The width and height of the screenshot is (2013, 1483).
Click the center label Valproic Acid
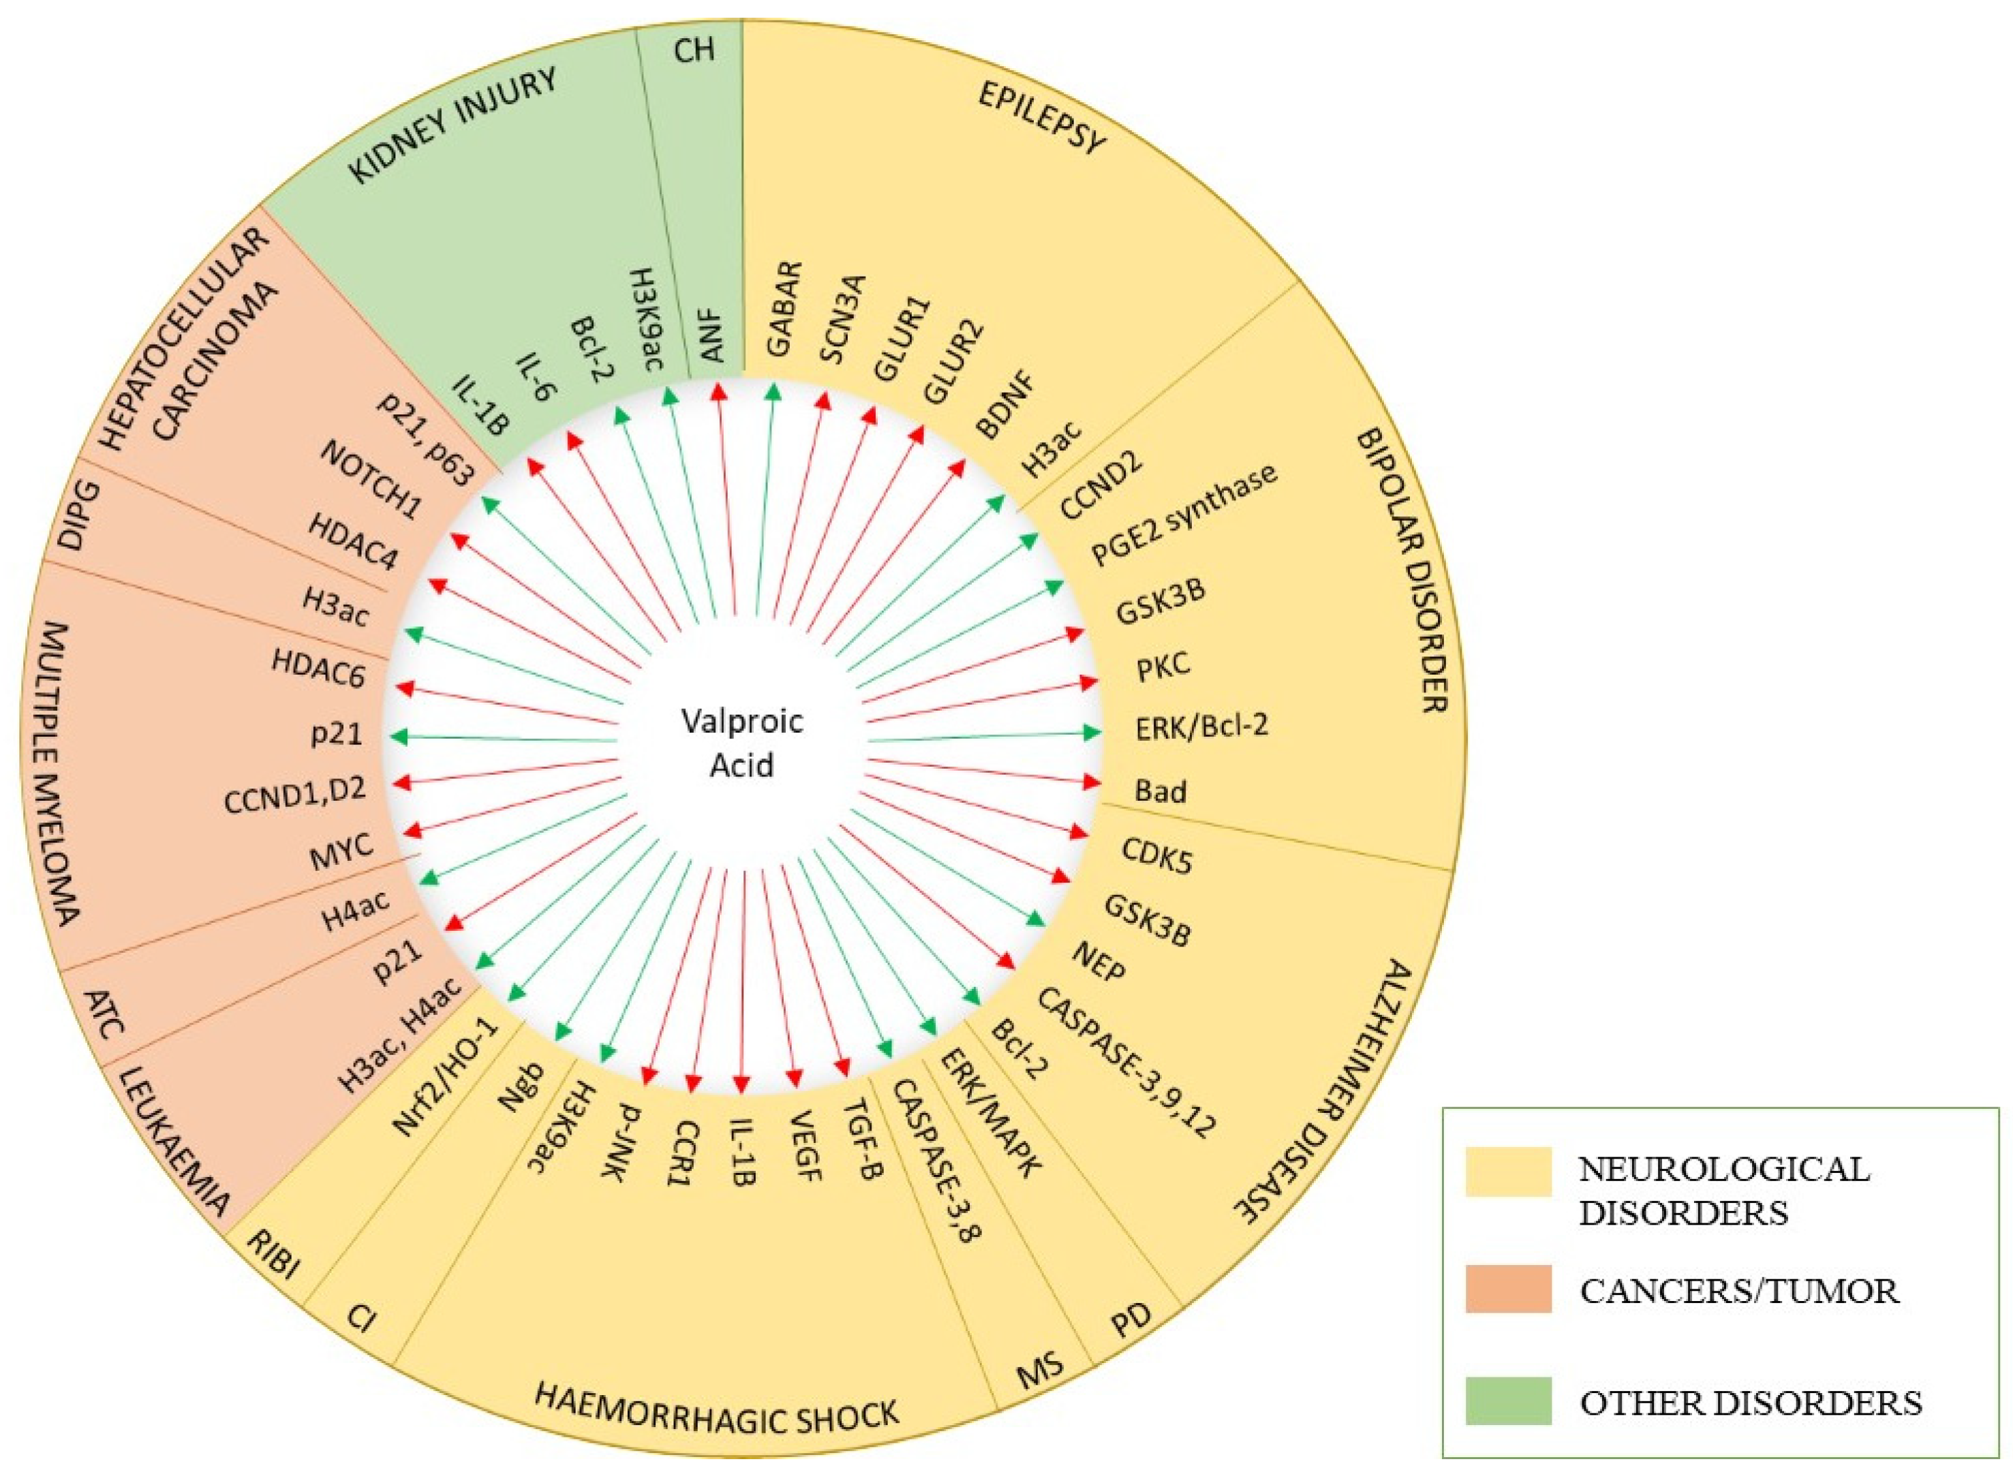click(741, 742)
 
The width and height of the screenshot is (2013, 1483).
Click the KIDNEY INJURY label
click(452, 125)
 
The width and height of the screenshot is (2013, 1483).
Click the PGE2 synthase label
click(1183, 515)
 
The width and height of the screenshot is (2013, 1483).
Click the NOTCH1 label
click(370, 481)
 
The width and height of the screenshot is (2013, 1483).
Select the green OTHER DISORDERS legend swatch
click(1508, 1401)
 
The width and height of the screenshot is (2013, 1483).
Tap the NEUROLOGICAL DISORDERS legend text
click(1723, 1189)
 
